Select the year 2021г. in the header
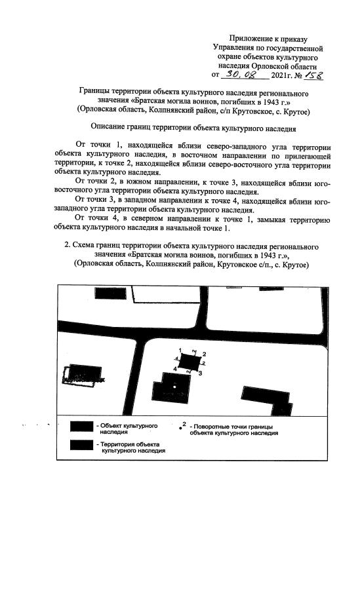tap(280, 77)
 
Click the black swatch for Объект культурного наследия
tap(81, 426)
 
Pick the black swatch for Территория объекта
tap(81, 445)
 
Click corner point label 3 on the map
tap(199, 373)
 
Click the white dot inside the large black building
tap(175, 387)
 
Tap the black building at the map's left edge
tap(81, 373)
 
